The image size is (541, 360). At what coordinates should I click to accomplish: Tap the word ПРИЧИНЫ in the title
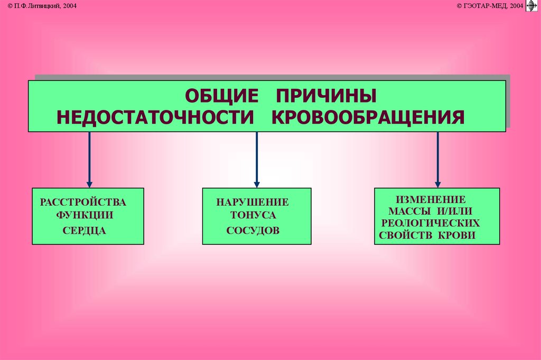click(325, 97)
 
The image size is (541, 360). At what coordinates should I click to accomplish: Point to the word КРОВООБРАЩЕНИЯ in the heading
click(368, 117)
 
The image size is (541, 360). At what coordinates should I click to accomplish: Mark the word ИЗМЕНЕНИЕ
click(431, 199)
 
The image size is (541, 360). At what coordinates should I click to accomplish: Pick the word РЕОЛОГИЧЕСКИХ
click(431, 223)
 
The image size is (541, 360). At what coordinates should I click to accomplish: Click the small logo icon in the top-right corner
click(531, 6)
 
